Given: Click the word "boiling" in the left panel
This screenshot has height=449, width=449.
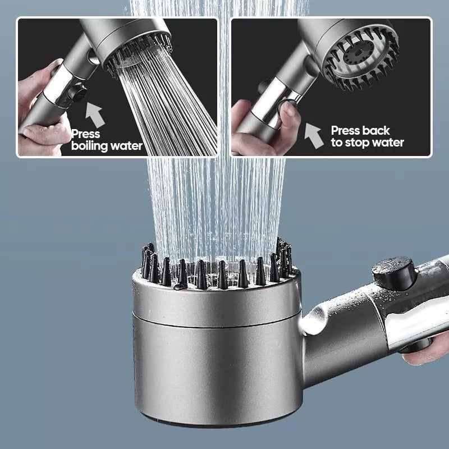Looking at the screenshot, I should click(90, 146).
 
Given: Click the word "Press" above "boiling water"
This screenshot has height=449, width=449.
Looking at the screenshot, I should click(85, 134).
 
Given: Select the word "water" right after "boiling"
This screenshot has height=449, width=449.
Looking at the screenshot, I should click(126, 146).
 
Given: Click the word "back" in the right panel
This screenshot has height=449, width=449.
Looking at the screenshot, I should click(375, 131).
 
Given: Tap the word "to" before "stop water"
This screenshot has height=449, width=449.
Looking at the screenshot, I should click(337, 143).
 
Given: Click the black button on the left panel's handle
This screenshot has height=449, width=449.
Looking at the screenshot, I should click(77, 94).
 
